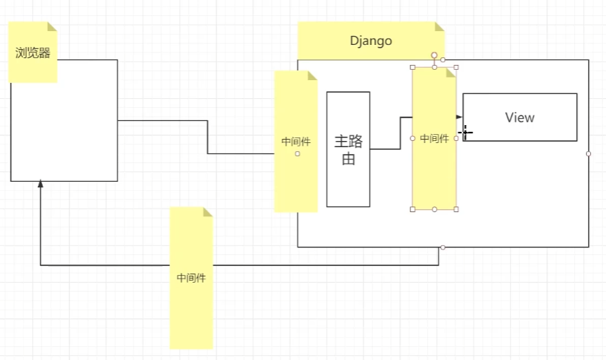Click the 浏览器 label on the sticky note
pos(33,53)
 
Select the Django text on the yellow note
pos(371,41)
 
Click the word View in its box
pos(520,117)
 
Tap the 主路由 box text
pos(348,150)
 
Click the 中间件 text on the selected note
pos(435,139)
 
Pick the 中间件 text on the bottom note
pos(191,278)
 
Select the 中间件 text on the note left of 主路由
pos(296,142)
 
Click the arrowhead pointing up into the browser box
pos(41,184)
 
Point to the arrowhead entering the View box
pos(460,117)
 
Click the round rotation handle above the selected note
pos(435,55)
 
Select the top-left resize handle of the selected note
pos(413,68)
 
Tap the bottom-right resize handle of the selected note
pos(456,209)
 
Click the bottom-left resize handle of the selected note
pos(413,209)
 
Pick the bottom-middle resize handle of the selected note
pos(435,209)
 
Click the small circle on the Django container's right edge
pos(589,153)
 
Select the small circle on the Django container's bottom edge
pos(443,247)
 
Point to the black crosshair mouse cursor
pos(466,131)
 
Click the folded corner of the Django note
pos(439,26)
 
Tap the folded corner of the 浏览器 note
pos(52,26)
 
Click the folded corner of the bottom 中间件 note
pos(207,211)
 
